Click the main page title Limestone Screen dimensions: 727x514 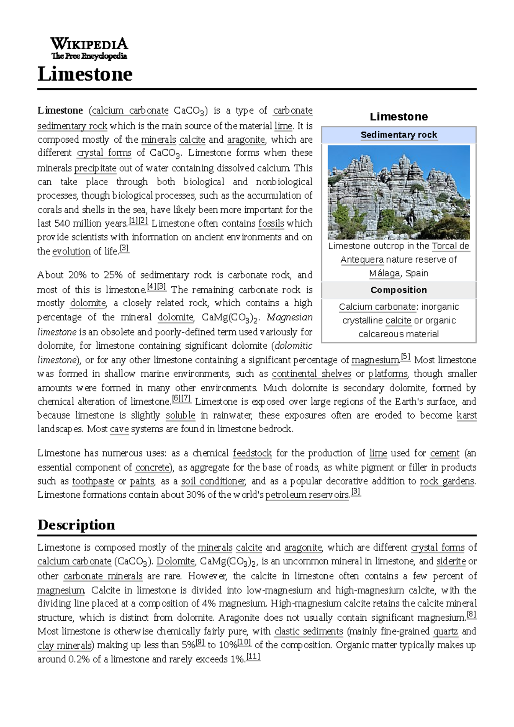tap(85, 74)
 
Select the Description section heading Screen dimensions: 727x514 tap(76, 525)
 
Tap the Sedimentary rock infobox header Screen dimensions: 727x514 tap(398, 135)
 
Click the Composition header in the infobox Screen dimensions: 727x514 tap(398, 290)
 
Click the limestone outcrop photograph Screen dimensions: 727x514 tap(398, 192)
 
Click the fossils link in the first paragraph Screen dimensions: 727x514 tap(271, 224)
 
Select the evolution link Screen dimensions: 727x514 tap(71, 251)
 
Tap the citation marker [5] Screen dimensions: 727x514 tap(405, 357)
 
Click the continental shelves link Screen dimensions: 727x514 tap(311, 374)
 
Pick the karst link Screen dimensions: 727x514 tap(466, 416)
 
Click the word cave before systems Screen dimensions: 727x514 tap(119, 429)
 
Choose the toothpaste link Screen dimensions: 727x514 tap(93, 481)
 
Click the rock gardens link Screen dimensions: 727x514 tap(447, 481)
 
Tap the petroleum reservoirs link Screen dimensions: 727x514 tap(307, 495)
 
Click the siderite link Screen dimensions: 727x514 tap(451, 561)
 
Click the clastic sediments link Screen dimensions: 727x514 tap(308, 631)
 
